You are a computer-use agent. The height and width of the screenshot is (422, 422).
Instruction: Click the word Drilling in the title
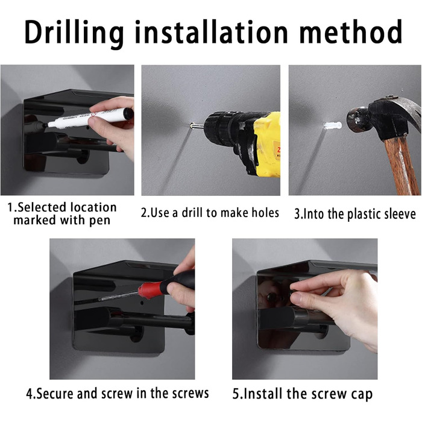point(74,33)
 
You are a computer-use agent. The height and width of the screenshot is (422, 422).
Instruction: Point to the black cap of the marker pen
point(128,113)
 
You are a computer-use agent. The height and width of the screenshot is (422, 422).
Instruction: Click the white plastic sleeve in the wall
point(333,125)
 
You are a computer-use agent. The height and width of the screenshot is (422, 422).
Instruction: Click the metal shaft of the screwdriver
point(118,297)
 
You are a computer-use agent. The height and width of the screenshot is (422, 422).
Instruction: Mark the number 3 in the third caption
point(297,214)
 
